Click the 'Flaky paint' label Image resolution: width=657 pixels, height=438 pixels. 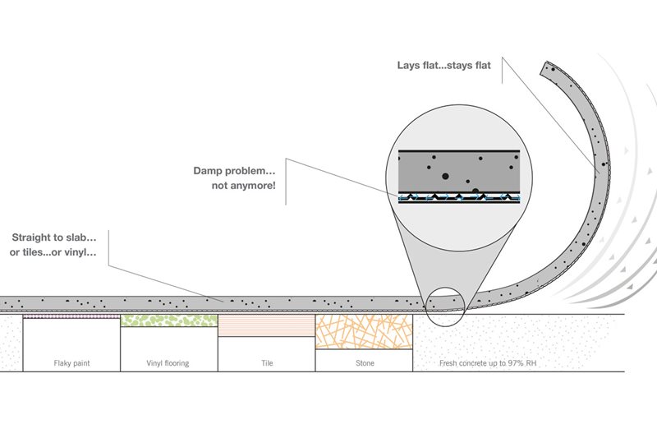(71, 363)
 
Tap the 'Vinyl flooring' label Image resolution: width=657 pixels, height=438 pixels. (168, 363)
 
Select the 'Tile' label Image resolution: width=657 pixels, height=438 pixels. (267, 363)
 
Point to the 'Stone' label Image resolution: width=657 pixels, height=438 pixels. (365, 363)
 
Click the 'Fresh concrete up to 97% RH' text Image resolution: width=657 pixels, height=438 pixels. (488, 363)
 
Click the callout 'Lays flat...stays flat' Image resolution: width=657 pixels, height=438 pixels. (443, 66)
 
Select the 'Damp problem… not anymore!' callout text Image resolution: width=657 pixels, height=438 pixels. (234, 178)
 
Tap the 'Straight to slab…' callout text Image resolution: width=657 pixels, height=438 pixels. (54, 237)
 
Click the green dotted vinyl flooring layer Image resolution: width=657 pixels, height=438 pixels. (169, 320)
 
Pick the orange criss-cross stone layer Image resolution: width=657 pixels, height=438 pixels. (364, 332)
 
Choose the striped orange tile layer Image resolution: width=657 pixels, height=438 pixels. (266, 325)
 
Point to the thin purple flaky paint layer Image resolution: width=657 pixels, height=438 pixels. (71, 316)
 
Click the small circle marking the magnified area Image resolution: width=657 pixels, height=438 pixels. (445, 288)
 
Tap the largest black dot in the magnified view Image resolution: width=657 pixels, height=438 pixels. (445, 177)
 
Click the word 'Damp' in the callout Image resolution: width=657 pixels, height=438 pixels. (208, 171)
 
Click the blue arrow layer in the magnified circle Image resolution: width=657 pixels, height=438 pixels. (459, 197)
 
